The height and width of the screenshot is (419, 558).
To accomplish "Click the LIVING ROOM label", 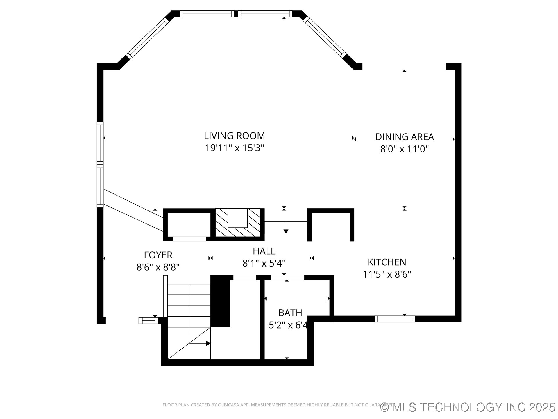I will click(234, 136).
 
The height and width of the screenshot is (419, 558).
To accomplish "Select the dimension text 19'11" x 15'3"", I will click(234, 148).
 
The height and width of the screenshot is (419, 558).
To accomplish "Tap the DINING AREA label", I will click(405, 137).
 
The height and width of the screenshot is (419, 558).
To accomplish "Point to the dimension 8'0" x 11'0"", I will click(405, 149).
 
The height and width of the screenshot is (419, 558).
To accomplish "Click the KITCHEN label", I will click(387, 262).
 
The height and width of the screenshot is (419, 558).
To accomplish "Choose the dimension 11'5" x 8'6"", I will click(387, 274).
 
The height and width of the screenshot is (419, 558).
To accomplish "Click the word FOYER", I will click(158, 255).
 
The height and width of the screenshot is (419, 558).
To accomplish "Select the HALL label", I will click(264, 251).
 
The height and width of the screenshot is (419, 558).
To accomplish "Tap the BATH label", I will click(290, 313).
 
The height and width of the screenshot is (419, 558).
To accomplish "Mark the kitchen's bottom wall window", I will click(395, 319).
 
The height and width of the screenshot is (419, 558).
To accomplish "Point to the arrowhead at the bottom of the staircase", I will click(208, 343).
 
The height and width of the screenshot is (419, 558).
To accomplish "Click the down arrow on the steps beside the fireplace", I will click(286, 230).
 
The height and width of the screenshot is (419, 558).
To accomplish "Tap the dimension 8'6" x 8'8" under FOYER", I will click(158, 267).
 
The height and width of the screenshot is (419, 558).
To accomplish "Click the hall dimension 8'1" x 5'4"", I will click(264, 263).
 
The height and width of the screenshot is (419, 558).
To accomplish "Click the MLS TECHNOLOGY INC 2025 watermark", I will click(468, 407).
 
